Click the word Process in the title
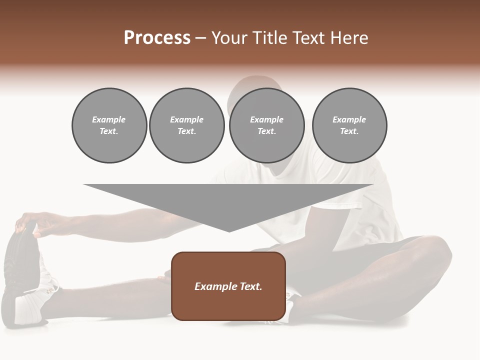click(157, 38)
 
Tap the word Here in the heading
click(349, 38)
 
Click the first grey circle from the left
click(109, 125)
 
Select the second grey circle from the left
click(187, 125)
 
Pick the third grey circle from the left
click(266, 125)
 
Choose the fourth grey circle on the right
click(349, 125)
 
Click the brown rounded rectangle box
click(228, 286)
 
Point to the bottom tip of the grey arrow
click(229, 231)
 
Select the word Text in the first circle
click(109, 131)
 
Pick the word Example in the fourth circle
click(349, 119)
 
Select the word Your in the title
click(228, 38)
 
